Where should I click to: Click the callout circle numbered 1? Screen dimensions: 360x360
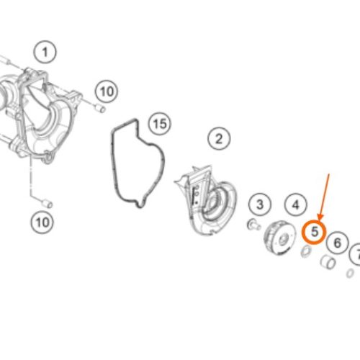(45, 52)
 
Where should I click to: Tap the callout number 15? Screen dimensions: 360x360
(160, 125)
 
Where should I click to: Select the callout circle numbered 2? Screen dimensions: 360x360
(219, 139)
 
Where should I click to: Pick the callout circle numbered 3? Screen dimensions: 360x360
(260, 204)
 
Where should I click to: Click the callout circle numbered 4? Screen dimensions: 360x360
(296, 205)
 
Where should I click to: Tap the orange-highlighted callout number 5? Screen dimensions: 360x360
(315, 232)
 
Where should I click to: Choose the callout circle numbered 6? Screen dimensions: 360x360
(338, 243)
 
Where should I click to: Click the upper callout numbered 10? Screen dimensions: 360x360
(107, 91)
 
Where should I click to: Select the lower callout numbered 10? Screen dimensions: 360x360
(42, 222)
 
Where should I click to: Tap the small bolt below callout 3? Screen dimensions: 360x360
(253, 225)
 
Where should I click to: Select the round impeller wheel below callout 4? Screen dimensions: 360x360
(280, 238)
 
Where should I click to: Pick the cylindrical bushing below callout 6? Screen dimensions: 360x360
(328, 262)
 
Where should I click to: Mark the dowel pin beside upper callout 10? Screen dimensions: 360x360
(100, 108)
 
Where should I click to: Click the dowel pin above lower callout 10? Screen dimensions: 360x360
(48, 204)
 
